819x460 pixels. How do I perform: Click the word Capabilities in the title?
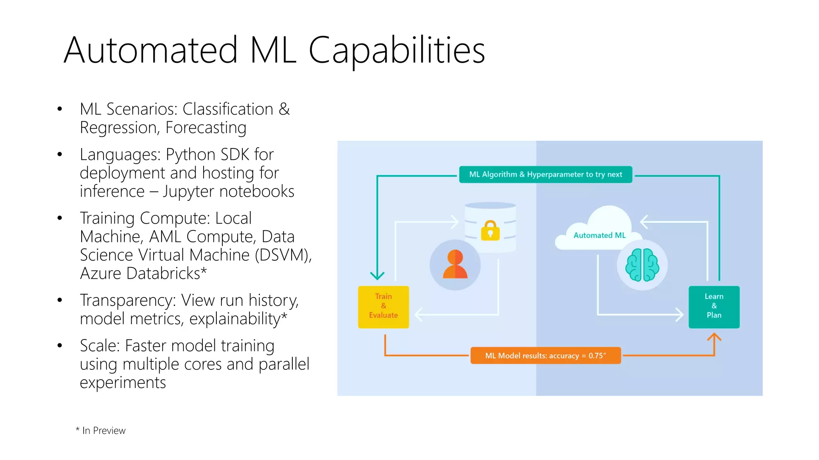(397, 50)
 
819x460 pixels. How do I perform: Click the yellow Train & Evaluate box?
(383, 307)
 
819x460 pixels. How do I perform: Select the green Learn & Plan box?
(714, 307)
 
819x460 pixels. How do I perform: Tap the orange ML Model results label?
(545, 355)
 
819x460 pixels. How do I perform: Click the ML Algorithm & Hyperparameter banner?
(545, 174)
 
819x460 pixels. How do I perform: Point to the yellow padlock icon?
(490, 231)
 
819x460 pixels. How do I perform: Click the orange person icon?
(455, 264)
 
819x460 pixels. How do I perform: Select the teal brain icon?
(642, 265)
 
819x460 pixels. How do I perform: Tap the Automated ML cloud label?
(599, 235)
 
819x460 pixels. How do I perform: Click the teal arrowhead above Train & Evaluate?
(377, 275)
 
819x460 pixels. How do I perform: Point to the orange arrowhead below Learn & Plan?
(714, 338)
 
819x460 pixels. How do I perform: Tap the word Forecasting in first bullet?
(206, 128)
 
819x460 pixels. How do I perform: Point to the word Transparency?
(128, 300)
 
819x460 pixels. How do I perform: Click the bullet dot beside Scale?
(60, 345)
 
